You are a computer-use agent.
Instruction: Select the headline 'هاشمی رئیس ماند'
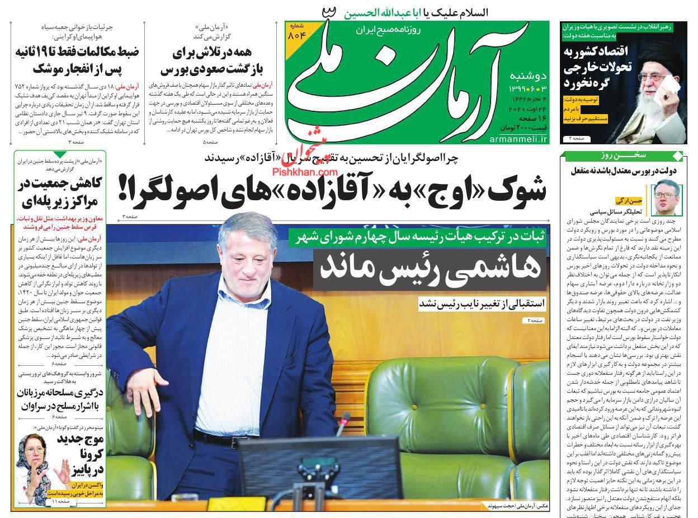pyautogui.click(x=430, y=268)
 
